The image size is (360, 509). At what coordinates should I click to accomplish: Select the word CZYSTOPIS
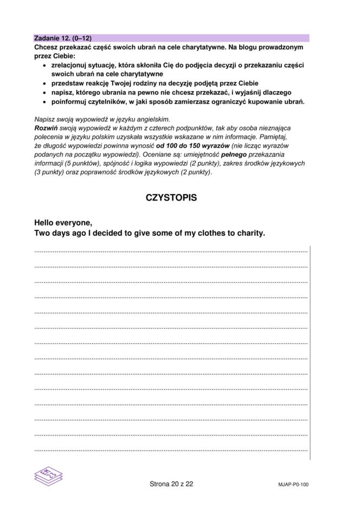click(x=171, y=198)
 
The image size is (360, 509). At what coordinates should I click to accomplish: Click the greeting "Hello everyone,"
click(x=63, y=223)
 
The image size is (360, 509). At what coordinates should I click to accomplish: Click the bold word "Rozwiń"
click(x=45, y=128)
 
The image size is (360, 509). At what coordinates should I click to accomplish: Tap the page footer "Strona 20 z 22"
click(x=171, y=484)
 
